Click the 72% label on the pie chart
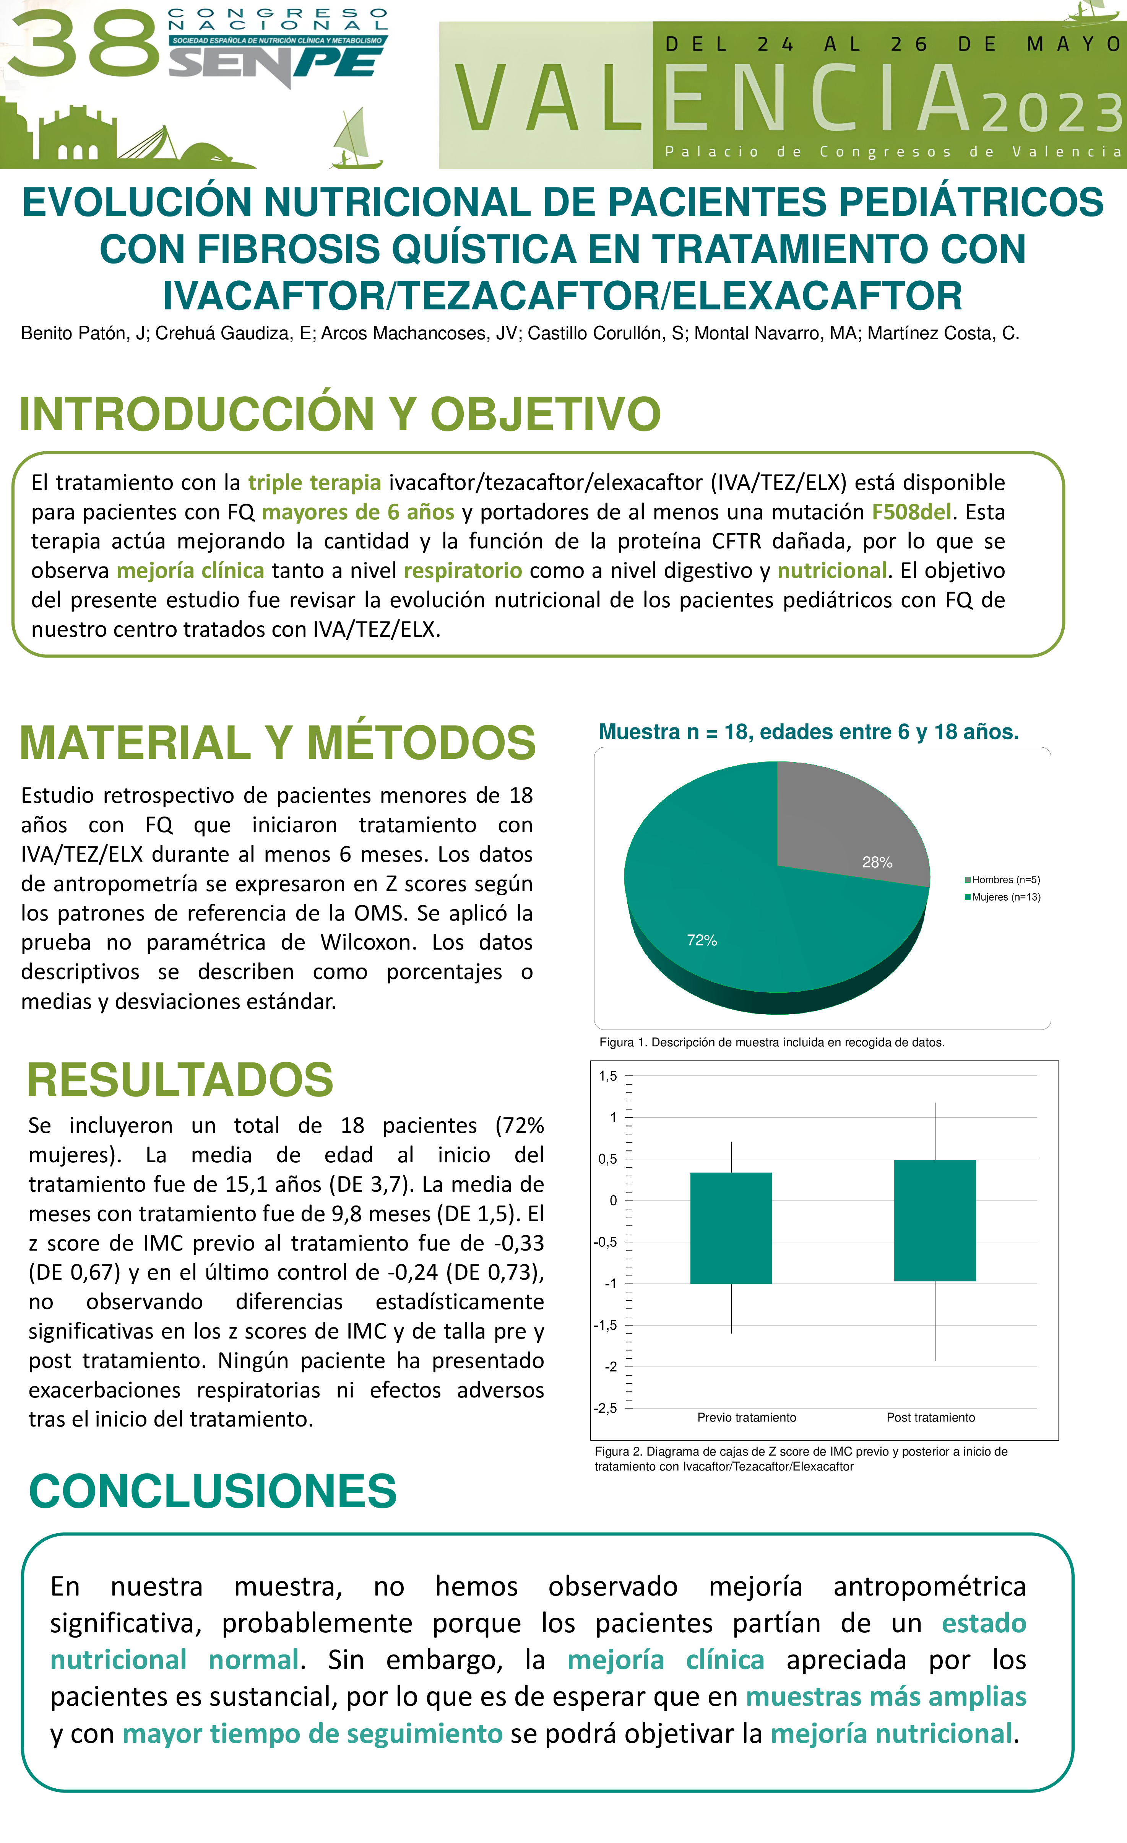click(702, 940)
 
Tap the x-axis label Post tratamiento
click(931, 1417)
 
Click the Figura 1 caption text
click(772, 1042)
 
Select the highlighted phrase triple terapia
click(314, 482)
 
